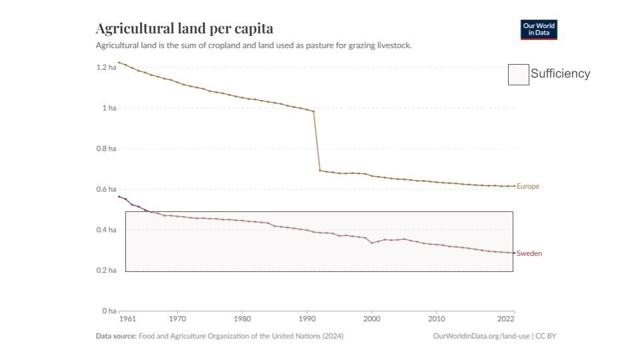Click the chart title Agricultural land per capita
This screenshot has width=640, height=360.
click(x=184, y=29)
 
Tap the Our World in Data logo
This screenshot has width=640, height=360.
click(x=539, y=29)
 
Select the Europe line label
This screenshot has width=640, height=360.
click(x=528, y=187)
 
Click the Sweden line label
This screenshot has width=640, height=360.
click(x=529, y=253)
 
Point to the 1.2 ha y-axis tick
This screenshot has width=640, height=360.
click(x=107, y=67)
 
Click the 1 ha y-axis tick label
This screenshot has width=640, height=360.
click(x=109, y=108)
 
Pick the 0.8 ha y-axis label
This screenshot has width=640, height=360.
click(x=107, y=149)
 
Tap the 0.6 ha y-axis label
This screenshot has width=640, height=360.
click(x=107, y=189)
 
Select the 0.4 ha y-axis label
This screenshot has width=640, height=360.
click(x=107, y=230)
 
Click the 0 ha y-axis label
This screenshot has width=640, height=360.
click(x=109, y=311)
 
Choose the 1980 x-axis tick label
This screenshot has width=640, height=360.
click(x=242, y=319)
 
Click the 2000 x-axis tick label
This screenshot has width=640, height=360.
click(x=372, y=319)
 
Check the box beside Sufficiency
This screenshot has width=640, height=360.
click(x=519, y=75)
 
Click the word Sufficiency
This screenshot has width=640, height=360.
click(x=560, y=74)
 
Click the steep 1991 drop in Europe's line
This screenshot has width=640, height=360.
click(x=317, y=141)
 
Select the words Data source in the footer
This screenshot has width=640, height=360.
click(x=116, y=336)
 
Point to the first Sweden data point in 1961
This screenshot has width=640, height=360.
click(x=119, y=197)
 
